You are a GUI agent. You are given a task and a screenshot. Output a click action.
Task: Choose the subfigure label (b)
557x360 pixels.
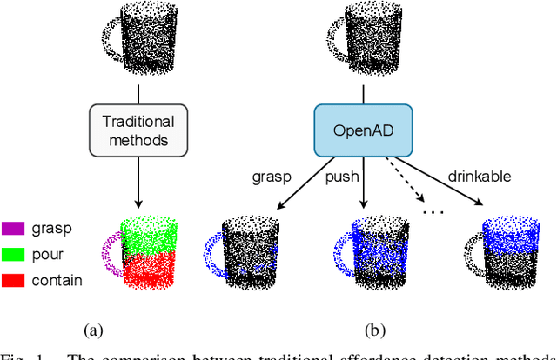coord(375,330)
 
